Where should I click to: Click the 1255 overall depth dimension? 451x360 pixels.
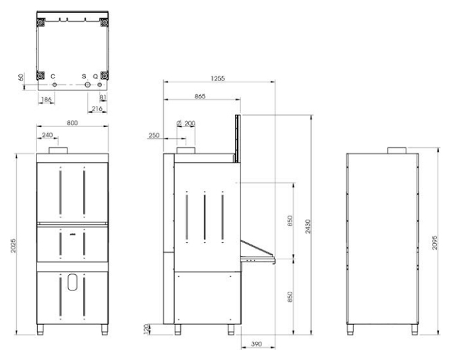click(x=217, y=78)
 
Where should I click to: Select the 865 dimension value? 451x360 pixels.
click(x=200, y=96)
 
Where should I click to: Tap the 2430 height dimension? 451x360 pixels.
click(x=308, y=226)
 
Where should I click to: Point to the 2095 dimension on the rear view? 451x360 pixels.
click(x=435, y=242)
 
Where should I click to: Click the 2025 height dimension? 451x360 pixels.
click(x=14, y=246)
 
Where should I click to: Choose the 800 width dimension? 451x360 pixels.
click(x=72, y=123)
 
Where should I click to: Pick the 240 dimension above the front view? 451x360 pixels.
click(x=47, y=135)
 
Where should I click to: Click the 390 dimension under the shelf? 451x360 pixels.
click(x=257, y=344)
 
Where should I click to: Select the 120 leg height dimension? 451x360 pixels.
click(x=147, y=329)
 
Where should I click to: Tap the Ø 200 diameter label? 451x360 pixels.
click(x=186, y=123)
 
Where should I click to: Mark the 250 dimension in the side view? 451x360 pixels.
click(x=154, y=135)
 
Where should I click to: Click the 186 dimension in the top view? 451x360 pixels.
click(x=47, y=99)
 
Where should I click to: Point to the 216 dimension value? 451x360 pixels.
click(x=97, y=109)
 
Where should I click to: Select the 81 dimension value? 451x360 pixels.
click(x=103, y=97)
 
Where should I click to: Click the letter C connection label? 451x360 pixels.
click(x=53, y=76)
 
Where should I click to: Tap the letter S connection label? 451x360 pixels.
click(x=84, y=76)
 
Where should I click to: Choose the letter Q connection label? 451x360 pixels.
click(x=95, y=76)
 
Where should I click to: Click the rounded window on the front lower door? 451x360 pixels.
click(x=72, y=282)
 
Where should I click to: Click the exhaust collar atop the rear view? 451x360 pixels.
click(x=397, y=151)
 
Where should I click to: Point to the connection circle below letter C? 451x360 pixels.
click(x=55, y=85)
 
